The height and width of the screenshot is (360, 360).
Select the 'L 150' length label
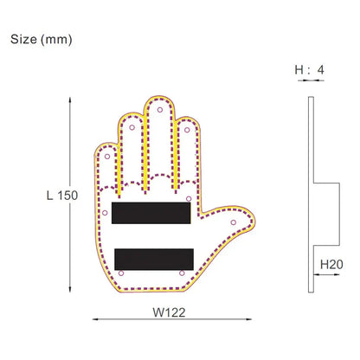pyautogui.click(x=61, y=195)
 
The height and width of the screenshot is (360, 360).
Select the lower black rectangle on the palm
pyautogui.click(x=152, y=258)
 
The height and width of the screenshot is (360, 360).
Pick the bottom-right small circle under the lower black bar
pyautogui.click(x=182, y=271)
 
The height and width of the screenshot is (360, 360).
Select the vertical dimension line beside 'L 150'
pyautogui.click(x=70, y=195)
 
